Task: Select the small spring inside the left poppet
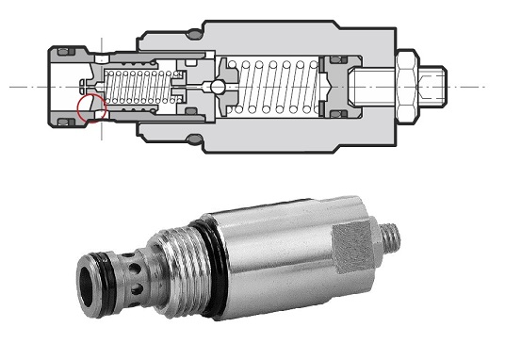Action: (137, 88)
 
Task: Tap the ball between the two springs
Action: (218, 88)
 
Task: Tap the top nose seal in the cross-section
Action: (68, 49)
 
